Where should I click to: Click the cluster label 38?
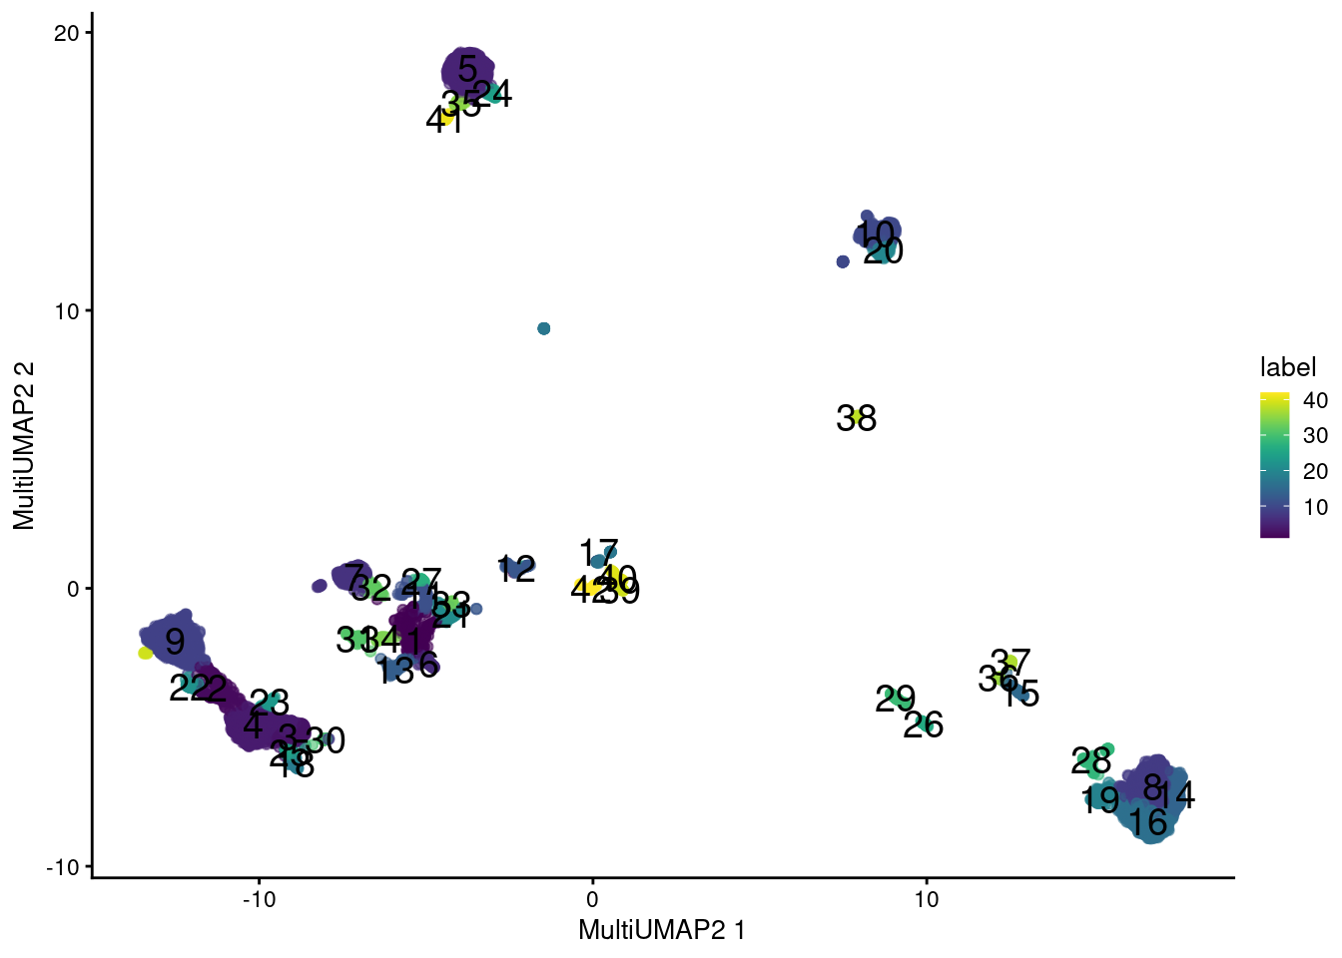coord(856,418)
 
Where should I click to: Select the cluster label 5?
coord(467,69)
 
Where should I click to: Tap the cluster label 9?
coord(175,642)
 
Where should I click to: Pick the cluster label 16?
coord(1148,823)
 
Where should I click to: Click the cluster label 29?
coord(895,700)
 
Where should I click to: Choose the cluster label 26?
coord(923,724)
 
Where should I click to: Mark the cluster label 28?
coord(1090,761)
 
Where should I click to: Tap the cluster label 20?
coord(884,250)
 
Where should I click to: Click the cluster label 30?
coord(326,740)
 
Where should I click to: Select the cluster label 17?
coord(598,552)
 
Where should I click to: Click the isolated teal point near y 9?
coord(544,328)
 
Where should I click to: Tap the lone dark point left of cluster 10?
coord(843,261)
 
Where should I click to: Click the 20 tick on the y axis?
coord(66,33)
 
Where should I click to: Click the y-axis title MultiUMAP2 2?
coord(24,445)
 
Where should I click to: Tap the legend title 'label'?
coord(1288,367)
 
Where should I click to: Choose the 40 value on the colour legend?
coord(1315,400)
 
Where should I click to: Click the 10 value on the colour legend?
coord(1315,507)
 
